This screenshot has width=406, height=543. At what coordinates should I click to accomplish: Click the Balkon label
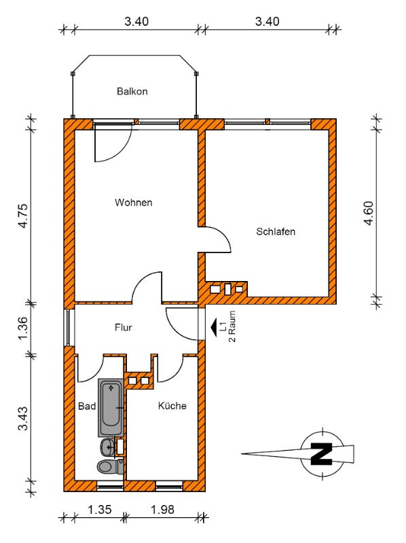(132, 92)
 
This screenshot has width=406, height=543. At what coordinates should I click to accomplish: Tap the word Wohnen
(134, 202)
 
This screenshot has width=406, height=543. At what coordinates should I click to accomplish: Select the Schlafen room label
(276, 231)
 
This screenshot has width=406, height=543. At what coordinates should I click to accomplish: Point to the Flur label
(124, 327)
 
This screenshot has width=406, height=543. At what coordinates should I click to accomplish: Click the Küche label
(172, 405)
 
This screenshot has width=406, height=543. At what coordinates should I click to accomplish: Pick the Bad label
(87, 406)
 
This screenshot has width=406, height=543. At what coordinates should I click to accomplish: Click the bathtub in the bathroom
(111, 408)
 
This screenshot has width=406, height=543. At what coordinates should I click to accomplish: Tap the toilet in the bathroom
(110, 466)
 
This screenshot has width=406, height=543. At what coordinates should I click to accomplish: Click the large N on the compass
(322, 453)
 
